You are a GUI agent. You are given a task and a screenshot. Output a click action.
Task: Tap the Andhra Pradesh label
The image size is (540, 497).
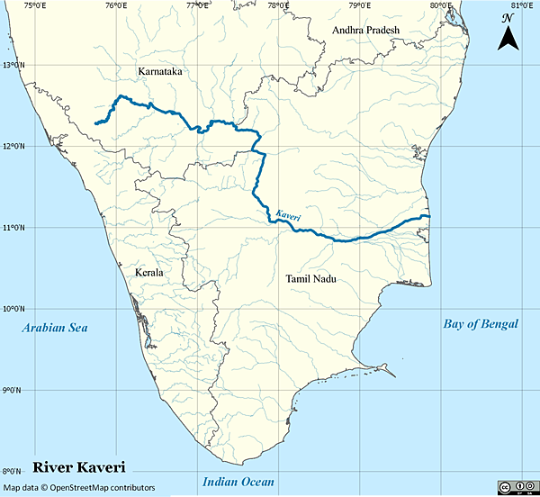364,30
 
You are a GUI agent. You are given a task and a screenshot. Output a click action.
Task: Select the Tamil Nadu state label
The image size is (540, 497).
310,279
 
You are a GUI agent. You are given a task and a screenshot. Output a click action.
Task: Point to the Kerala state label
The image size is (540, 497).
148,271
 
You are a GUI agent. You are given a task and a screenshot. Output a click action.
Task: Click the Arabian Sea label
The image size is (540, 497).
57,328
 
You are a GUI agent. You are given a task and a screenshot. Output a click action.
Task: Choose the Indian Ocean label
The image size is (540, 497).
238,481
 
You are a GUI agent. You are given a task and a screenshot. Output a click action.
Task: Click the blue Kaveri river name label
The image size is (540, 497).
288,216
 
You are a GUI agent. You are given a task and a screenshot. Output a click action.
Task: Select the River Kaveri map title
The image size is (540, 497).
78,467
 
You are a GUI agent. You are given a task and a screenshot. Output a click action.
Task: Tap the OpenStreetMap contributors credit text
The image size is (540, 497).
78,488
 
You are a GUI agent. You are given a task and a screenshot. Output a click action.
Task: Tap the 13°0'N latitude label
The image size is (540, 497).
13,65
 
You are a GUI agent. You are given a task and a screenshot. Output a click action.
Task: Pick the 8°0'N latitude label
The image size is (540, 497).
11,471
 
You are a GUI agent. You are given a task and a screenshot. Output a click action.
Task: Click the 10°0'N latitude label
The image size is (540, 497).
13,309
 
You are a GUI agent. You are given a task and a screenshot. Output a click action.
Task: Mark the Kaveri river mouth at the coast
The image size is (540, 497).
430,217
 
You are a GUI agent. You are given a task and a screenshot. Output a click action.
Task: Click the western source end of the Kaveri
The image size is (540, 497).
95,123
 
